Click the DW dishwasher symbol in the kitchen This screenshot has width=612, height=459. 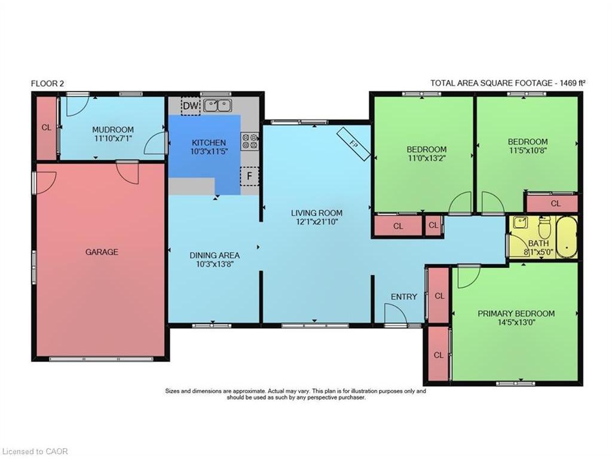pos(190,106)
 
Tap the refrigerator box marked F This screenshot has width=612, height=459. pos(249,176)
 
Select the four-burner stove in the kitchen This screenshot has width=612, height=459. pos(249,141)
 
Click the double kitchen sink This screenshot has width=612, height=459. pos(218,106)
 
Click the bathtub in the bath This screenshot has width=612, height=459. pos(567,236)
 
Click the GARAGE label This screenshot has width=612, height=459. pos(102,252)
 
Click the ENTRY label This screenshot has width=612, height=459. pos(404,297)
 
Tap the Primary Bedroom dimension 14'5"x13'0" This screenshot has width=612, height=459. pos(516,323)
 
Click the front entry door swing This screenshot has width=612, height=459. pos(395,314)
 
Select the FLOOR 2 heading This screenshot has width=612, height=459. pos(47,84)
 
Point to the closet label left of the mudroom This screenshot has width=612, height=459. pos(46,127)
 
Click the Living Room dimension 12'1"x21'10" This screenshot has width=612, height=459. pos(317,222)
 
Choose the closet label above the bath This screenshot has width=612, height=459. pos(556,204)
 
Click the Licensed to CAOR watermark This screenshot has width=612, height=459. pos(35,451)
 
